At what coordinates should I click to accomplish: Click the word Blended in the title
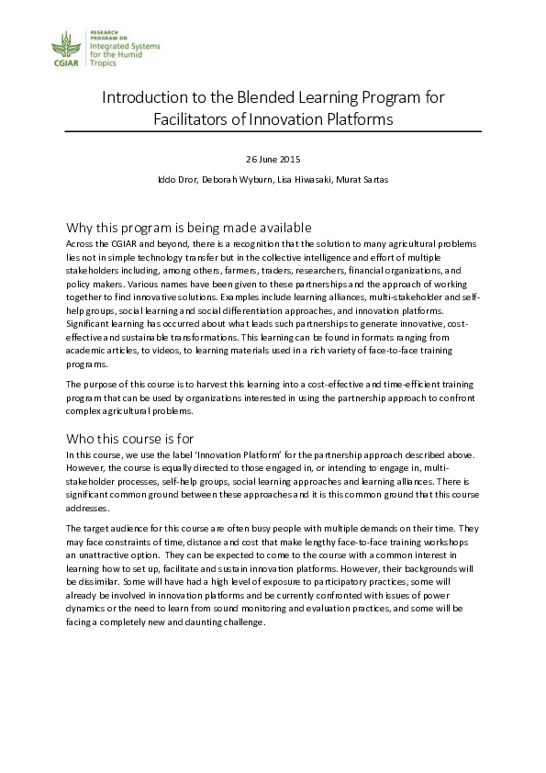253,96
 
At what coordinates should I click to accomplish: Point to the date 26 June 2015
273,160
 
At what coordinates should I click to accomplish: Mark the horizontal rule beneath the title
273,133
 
